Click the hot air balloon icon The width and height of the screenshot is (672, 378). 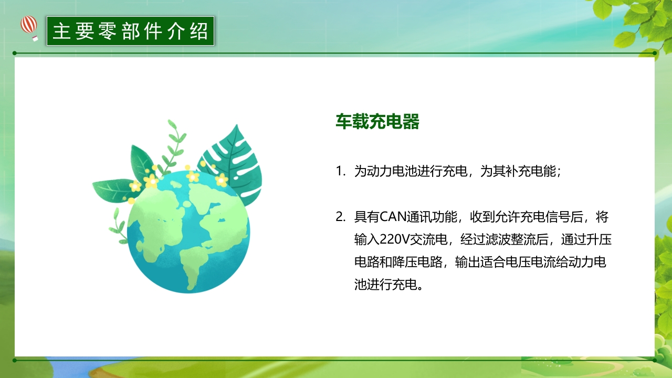pyautogui.click(x=29, y=27)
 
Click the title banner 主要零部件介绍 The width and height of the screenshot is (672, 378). pyautogui.click(x=130, y=31)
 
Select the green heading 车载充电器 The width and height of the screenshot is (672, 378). pyautogui.click(x=377, y=122)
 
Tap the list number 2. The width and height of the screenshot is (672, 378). pyautogui.click(x=340, y=217)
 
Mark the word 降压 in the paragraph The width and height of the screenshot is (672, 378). pyautogui.click(x=418, y=262)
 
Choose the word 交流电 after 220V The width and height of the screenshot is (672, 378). pyautogui.click(x=427, y=240)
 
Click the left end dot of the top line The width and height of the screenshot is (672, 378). pyautogui.click(x=15, y=53)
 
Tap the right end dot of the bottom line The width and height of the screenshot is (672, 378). pyautogui.click(x=655, y=360)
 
